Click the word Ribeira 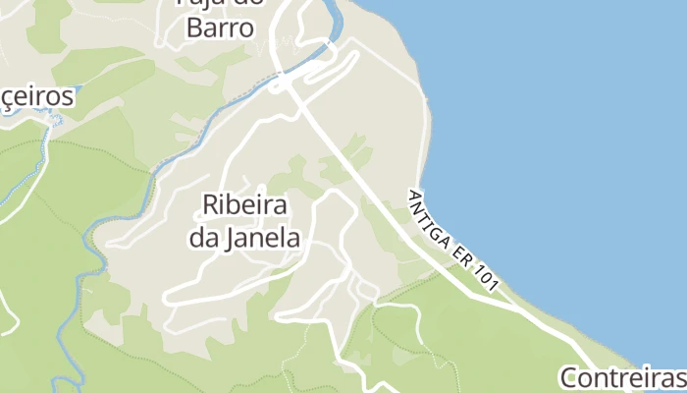243,205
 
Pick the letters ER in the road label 464,251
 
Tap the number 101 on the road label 489,276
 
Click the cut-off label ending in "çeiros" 37,97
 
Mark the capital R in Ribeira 210,205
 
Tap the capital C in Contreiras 570,378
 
